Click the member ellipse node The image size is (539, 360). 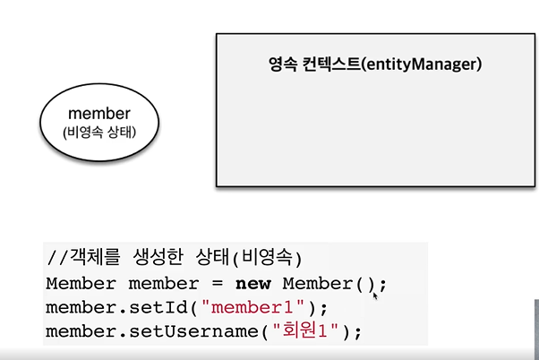[x=98, y=123]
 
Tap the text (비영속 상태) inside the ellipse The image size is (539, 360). [x=98, y=133]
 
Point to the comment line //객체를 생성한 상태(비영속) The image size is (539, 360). [x=174, y=260]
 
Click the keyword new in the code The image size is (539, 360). [x=255, y=284]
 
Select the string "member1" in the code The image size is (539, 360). [x=258, y=307]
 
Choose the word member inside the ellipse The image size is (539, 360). [x=98, y=115]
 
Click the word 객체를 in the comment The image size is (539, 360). [x=87, y=260]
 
